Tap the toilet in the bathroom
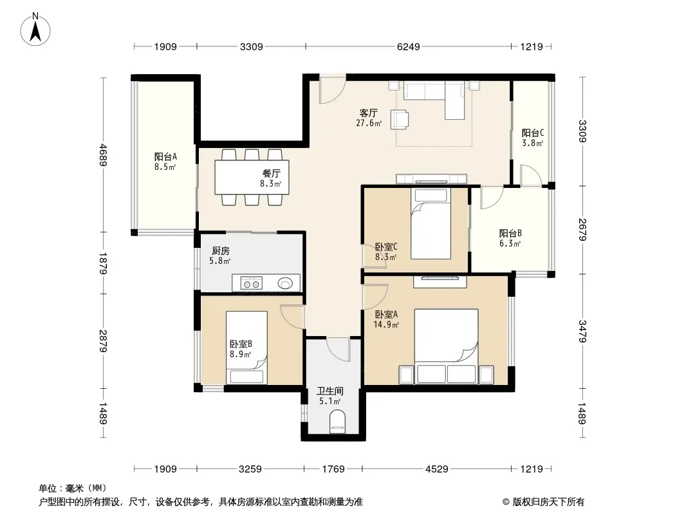point(337,421)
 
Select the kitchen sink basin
point(285,283)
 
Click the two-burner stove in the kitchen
point(252,283)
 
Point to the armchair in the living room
point(399,120)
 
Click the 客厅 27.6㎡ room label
point(368,118)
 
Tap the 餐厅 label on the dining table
point(272,174)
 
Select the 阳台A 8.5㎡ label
point(165,162)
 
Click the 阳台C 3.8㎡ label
point(532,138)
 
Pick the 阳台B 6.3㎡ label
point(510,238)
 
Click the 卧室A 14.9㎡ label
point(386,319)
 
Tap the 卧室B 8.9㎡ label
point(241,349)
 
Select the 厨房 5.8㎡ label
point(220,256)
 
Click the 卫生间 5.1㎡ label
point(330,396)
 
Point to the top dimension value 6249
point(408,46)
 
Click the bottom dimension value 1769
point(333,469)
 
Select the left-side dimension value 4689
point(103,155)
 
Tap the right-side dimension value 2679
point(582,229)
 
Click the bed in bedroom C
point(431,223)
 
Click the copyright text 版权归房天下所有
point(548,502)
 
